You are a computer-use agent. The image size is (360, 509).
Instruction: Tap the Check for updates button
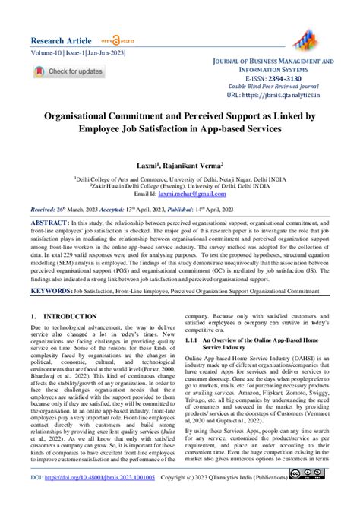(x=68, y=71)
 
